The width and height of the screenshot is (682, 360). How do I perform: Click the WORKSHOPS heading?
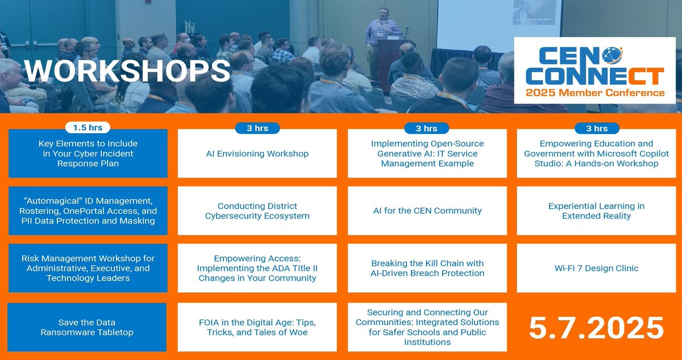tap(127, 71)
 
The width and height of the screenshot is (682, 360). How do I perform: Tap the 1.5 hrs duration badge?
tap(88, 127)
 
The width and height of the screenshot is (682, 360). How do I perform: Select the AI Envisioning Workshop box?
tap(257, 154)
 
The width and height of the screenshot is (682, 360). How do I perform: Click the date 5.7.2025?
tap(596, 328)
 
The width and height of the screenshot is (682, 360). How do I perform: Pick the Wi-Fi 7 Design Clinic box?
tap(596, 268)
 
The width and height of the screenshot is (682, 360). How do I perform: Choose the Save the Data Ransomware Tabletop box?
tap(88, 327)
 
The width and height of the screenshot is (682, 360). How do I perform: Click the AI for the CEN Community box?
tap(427, 210)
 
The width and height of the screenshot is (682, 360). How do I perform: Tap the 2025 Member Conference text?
tap(595, 93)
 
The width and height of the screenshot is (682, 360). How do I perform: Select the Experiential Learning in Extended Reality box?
tap(596, 210)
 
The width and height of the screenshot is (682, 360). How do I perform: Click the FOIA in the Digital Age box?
tap(257, 327)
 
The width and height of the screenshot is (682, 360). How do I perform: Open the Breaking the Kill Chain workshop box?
tap(427, 268)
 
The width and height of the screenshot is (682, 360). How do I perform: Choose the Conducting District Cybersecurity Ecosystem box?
tap(257, 210)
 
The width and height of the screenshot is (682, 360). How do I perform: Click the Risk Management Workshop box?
tap(88, 268)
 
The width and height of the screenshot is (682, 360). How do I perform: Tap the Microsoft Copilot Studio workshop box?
tap(596, 154)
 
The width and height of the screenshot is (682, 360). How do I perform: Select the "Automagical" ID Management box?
tap(88, 210)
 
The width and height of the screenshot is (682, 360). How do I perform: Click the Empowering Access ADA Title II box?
tap(257, 268)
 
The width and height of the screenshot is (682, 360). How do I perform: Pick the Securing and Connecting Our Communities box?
tap(427, 327)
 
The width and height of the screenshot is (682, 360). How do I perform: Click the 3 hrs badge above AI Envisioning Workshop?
tap(257, 129)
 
